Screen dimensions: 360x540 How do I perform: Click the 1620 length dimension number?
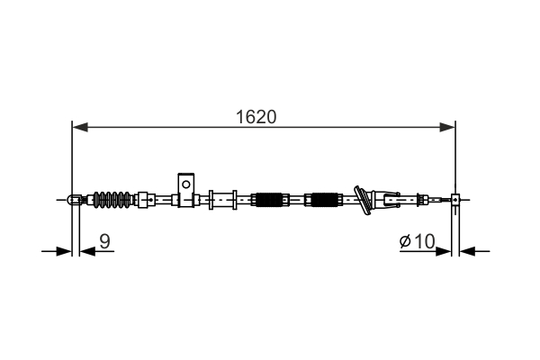coord(256,117)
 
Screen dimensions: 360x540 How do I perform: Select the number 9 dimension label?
coord(104,240)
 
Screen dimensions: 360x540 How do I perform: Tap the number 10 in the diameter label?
coord(425,240)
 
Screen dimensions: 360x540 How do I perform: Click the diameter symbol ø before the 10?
coord(405,241)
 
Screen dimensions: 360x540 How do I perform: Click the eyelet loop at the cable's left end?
coord(73,199)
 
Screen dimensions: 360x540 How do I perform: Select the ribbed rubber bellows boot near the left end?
coord(113,199)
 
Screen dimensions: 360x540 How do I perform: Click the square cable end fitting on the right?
coord(455,200)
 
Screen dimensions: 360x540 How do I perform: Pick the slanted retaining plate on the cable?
coord(364,200)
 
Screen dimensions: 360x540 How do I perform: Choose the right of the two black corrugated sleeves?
coord(323,199)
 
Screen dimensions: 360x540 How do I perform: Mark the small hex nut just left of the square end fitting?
coord(441,200)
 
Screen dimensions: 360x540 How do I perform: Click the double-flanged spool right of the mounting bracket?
coord(222,199)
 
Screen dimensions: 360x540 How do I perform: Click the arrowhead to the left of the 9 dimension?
coord(63,250)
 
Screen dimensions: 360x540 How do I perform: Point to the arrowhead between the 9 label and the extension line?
coord(85,250)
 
